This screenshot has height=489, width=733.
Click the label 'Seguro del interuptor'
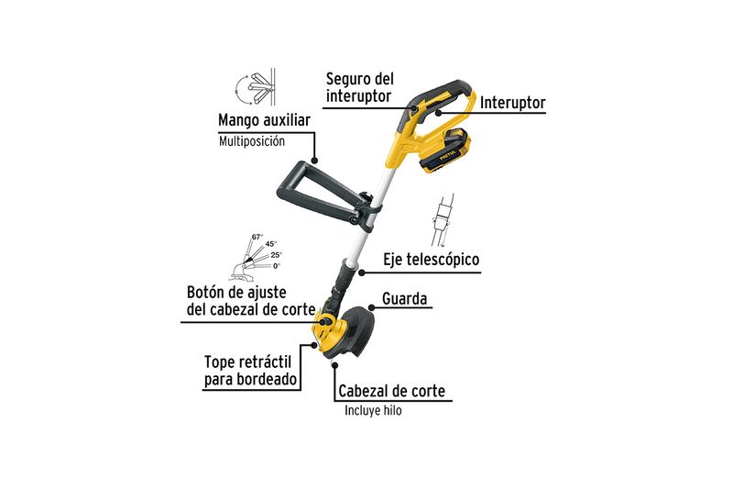(359, 87)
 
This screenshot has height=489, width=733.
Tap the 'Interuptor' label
(512, 103)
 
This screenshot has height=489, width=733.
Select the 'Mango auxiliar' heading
(264, 120)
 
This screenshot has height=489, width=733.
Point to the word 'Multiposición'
(251, 141)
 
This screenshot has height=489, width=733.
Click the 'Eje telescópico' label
(431, 260)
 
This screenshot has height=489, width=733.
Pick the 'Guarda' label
(404, 298)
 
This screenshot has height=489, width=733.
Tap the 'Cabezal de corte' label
(392, 391)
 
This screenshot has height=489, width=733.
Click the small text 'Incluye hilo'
(373, 410)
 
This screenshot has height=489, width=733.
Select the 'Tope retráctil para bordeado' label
(250, 371)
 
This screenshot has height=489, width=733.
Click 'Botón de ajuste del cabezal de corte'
(251, 301)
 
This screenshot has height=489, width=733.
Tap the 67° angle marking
(257, 237)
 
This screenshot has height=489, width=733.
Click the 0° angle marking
(277, 266)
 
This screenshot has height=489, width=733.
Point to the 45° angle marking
(270, 244)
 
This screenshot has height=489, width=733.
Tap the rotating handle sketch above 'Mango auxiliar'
(255, 88)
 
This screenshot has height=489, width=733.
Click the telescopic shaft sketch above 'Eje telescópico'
(443, 220)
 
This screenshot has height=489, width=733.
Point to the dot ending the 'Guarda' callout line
(371, 307)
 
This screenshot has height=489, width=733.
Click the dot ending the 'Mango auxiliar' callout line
(314, 160)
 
